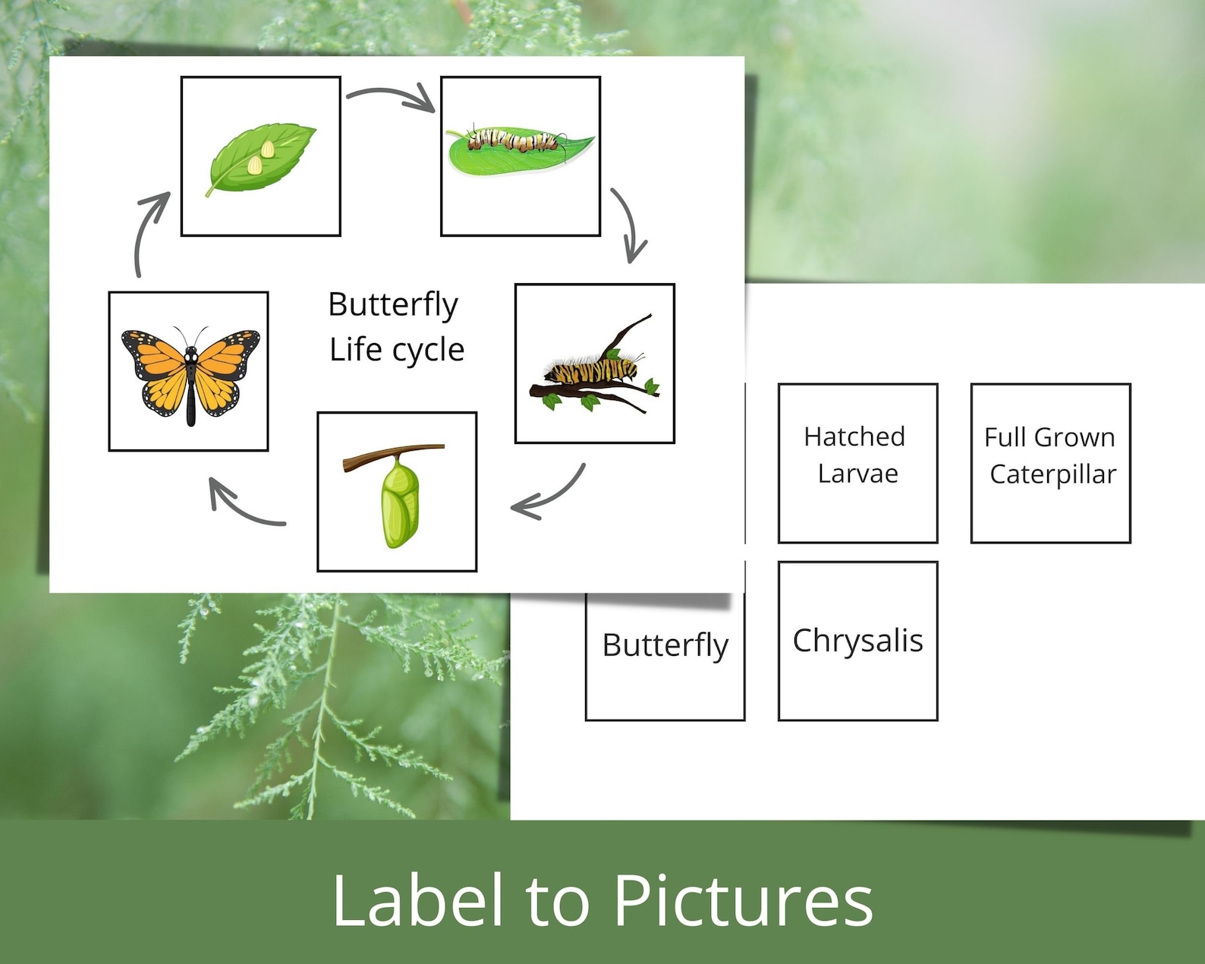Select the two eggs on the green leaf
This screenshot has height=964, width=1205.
[260, 156]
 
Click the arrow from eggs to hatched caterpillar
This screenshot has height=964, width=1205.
[392, 98]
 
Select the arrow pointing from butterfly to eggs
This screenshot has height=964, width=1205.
[149, 231]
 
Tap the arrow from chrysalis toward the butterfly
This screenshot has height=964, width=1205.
[243, 506]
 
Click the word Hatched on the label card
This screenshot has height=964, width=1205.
[854, 436]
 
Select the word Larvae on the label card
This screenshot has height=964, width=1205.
[857, 474]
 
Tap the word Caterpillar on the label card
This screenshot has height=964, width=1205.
[1052, 474]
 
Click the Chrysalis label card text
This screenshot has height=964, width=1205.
[857, 641]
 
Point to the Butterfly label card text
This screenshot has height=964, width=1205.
[665, 645]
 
